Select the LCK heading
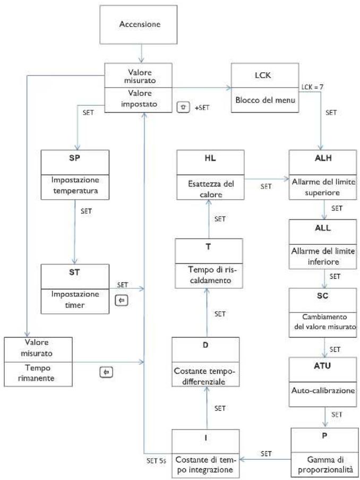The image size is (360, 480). (263, 75)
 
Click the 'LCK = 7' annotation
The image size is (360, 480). (312, 87)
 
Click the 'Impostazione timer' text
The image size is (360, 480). (75, 299)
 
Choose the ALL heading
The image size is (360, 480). (323, 228)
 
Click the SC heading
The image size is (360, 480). (323, 296)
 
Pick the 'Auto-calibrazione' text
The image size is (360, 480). (323, 391)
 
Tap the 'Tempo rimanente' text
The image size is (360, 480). (38, 373)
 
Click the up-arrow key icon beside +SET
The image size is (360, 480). (183, 107)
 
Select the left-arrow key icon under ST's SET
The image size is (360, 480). (122, 301)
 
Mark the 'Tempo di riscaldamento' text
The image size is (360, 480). (208, 275)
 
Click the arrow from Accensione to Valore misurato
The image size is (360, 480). (141, 54)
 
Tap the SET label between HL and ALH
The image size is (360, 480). (265, 186)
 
